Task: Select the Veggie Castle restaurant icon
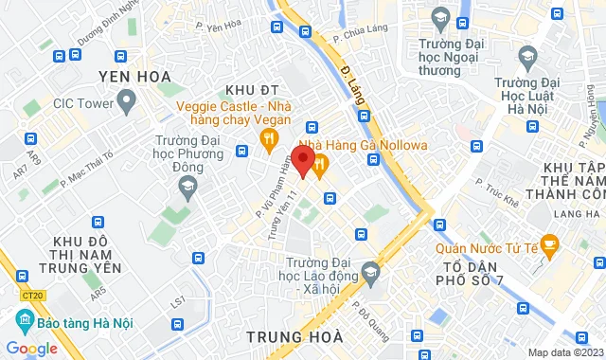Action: tap(268, 141)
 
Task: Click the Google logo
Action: tap(31, 348)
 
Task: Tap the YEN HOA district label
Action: tap(134, 75)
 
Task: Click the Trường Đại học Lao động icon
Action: tap(370, 274)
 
